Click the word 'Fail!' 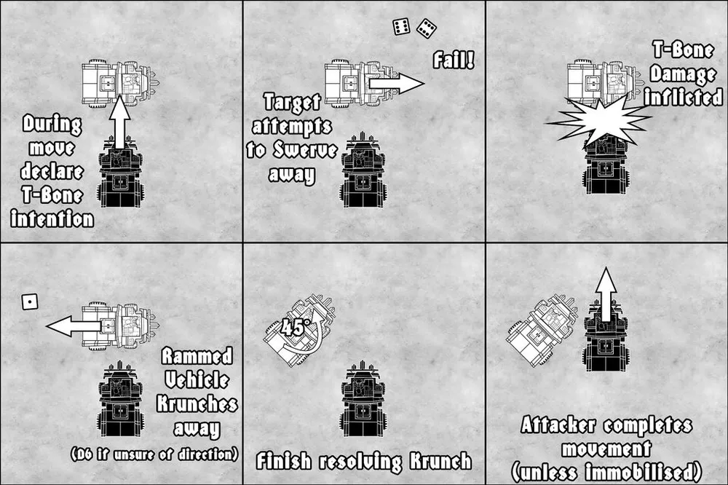tap(454, 60)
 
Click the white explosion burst tap(599, 120)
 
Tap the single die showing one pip tap(30, 302)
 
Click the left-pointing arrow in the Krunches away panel tap(74, 326)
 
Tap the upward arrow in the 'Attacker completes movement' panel tap(606, 294)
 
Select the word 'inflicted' tap(684, 98)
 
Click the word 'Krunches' tap(197, 403)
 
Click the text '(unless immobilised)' tap(606, 472)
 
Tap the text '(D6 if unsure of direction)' tap(154, 454)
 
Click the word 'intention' tap(52, 218)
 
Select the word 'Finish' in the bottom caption tap(283, 461)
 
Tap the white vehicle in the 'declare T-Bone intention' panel tap(121, 84)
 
